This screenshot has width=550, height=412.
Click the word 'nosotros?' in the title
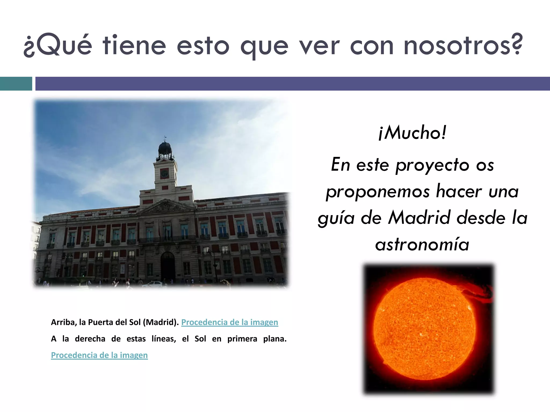(x=463, y=46)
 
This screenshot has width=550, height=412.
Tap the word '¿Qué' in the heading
(x=58, y=46)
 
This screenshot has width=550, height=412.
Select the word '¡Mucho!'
(x=412, y=133)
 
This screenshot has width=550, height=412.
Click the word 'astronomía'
(x=422, y=245)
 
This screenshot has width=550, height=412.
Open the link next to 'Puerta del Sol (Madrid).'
(x=230, y=322)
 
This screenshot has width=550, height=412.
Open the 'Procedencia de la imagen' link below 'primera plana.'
(x=99, y=355)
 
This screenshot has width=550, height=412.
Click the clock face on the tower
(x=164, y=174)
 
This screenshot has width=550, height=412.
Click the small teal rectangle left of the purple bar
(x=16, y=84)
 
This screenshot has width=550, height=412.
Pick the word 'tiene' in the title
(x=134, y=46)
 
